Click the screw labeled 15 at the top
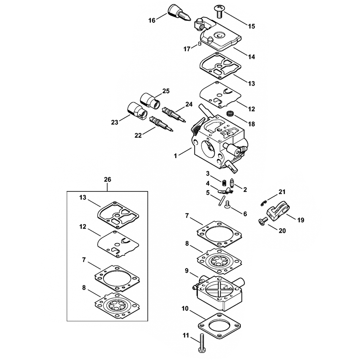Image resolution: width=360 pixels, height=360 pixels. click(x=219, y=12)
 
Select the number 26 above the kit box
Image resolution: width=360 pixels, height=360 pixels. click(x=107, y=179)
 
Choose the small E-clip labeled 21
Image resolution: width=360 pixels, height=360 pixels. click(x=264, y=203)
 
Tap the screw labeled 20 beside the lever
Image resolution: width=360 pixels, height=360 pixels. click(x=263, y=221)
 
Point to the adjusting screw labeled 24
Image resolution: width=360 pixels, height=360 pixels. click(x=174, y=114)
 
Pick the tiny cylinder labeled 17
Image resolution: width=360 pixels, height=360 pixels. click(x=200, y=44)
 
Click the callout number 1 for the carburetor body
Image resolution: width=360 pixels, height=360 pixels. click(x=175, y=156)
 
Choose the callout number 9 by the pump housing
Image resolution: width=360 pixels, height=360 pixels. click(x=186, y=271)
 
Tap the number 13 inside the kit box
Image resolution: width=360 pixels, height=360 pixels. click(x=83, y=198)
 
